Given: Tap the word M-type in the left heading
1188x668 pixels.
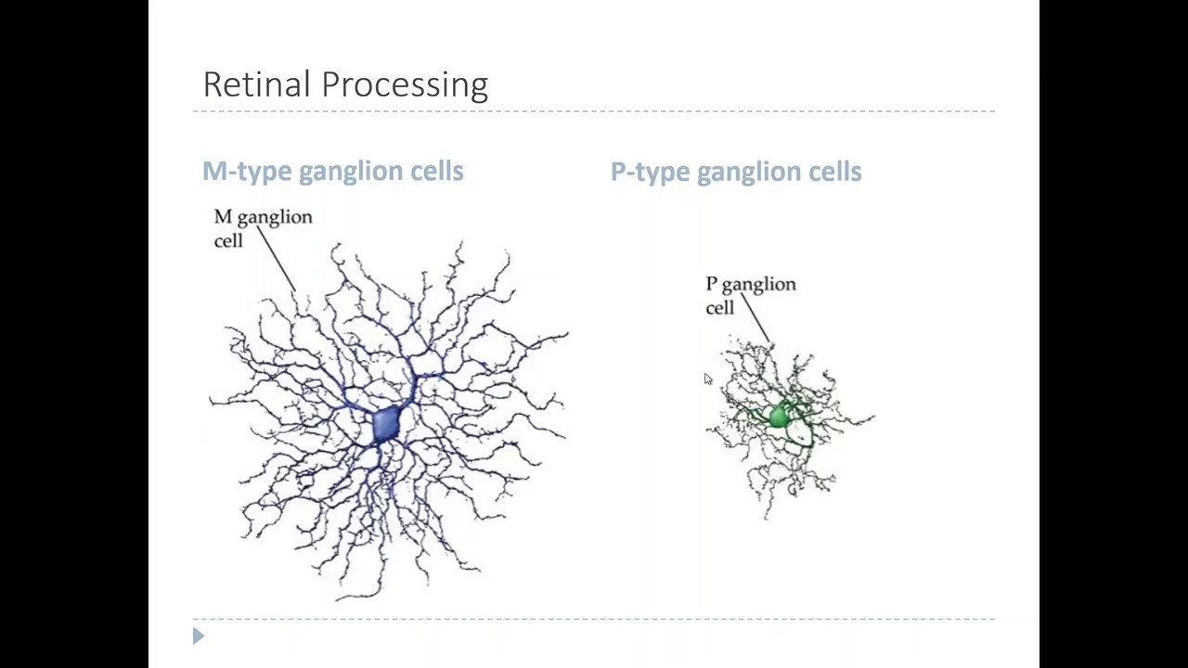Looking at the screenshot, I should [x=247, y=172].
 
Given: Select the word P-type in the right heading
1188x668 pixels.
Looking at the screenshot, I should [x=650, y=173].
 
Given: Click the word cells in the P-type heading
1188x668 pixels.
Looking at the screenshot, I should [x=835, y=172].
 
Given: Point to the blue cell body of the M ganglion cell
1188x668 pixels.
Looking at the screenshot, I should [x=386, y=424].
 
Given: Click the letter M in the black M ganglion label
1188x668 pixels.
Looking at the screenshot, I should [x=223, y=217].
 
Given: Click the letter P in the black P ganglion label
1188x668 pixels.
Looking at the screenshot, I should [x=711, y=284].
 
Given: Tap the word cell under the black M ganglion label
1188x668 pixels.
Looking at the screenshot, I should [x=228, y=241].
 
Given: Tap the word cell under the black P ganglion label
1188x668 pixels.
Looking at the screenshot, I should [x=720, y=308].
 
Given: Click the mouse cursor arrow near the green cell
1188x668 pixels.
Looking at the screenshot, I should [x=707, y=379].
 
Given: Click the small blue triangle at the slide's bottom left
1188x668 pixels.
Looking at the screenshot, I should [x=198, y=636].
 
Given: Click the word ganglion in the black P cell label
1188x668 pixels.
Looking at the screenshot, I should [x=758, y=285].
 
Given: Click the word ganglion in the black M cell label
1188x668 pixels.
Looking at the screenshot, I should [x=275, y=218].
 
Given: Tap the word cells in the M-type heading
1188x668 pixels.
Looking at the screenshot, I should [x=440, y=172].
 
